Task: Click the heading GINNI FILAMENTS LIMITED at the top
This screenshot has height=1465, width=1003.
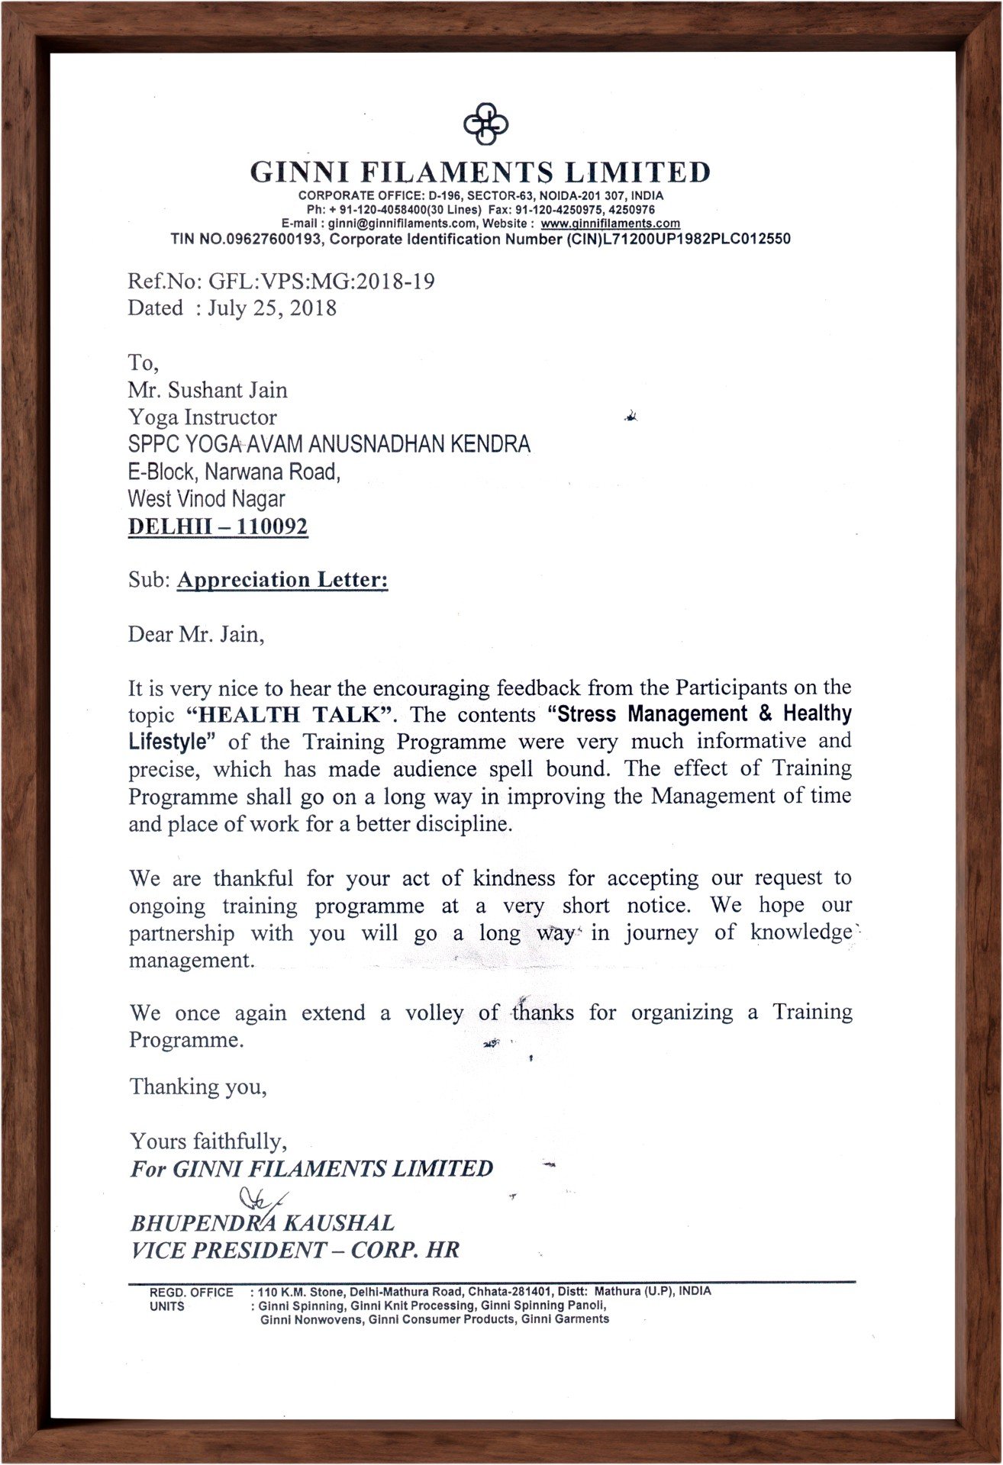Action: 481,172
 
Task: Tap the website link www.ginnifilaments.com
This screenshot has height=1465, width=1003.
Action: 610,224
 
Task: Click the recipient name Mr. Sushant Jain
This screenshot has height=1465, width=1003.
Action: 208,390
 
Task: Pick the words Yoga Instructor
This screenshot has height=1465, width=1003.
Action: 202,417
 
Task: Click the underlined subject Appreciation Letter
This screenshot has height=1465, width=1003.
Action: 282,580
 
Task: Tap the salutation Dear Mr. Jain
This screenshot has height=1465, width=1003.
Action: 196,634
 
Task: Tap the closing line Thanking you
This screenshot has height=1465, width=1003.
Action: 198,1086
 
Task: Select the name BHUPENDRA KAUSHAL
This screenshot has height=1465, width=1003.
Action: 263,1223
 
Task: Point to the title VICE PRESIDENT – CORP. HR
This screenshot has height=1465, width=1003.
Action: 295,1250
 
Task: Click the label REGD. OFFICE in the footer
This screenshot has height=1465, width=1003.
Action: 191,1292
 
